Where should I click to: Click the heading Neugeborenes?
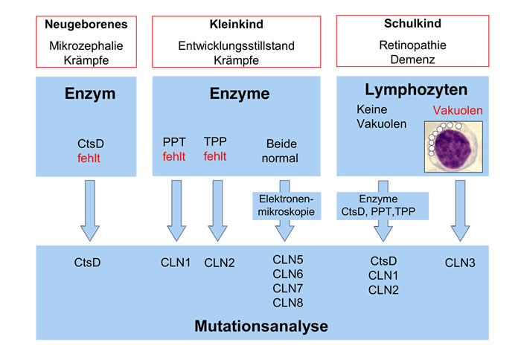click(86, 25)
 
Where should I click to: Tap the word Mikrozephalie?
click(86, 45)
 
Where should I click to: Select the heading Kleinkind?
click(236, 24)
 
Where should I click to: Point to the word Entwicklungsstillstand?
click(236, 45)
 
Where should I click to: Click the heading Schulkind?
click(412, 23)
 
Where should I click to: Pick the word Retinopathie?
click(412, 45)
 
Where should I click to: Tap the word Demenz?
click(412, 60)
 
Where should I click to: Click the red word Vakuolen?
click(458, 110)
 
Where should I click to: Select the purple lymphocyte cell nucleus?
click(453, 147)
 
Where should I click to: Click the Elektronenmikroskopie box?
click(287, 205)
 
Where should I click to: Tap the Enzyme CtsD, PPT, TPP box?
click(383, 205)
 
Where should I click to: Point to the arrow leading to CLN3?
click(460, 210)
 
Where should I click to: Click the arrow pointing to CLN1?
click(176, 210)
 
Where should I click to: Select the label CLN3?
click(460, 263)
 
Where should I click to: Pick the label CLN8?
click(288, 303)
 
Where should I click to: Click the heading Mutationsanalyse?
click(261, 326)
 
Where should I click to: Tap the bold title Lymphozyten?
click(416, 90)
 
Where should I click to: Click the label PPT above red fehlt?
click(174, 142)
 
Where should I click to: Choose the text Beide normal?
click(280, 151)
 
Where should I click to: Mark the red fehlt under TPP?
click(215, 156)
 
